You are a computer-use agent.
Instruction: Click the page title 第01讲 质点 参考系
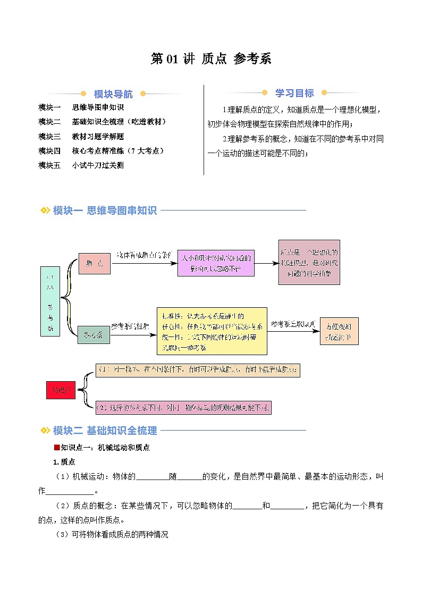click(211, 58)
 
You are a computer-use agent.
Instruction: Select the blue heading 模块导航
click(113, 94)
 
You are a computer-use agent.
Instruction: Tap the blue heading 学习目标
click(294, 93)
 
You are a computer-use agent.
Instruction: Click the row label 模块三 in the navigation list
click(49, 136)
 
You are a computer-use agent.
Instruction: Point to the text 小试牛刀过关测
click(98, 165)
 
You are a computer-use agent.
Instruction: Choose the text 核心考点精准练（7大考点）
click(118, 151)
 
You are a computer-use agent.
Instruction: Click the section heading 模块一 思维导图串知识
click(105, 211)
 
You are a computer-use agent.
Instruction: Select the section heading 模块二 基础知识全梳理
click(105, 431)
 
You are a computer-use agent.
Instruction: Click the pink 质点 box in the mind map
click(94, 263)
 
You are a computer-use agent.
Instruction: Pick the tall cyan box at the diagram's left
click(50, 301)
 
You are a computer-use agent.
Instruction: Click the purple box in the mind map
click(216, 263)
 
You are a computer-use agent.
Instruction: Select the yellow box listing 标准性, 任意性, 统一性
click(212, 331)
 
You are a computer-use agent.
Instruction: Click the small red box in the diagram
click(60, 390)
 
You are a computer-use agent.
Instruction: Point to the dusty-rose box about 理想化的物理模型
click(309, 262)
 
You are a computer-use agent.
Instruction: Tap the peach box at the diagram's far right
click(339, 331)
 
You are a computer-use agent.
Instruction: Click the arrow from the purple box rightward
click(266, 263)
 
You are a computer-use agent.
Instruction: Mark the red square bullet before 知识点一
click(57, 448)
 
